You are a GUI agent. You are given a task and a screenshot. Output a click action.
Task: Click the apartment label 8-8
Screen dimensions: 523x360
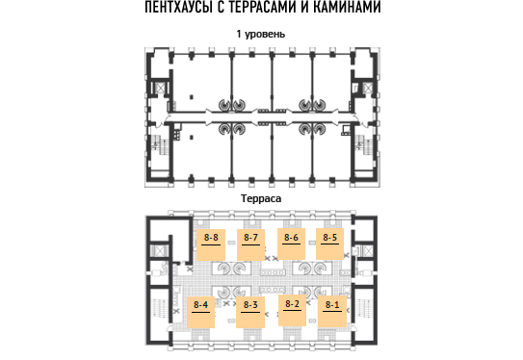211,238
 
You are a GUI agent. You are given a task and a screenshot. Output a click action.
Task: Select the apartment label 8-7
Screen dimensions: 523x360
250,238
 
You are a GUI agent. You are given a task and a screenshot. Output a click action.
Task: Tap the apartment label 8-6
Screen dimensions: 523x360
291,238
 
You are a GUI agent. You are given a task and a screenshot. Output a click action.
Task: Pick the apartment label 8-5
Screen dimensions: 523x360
329,238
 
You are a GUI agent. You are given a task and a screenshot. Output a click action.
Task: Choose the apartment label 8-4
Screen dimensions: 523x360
200,305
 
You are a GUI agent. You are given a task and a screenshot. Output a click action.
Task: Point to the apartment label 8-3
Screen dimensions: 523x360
250,305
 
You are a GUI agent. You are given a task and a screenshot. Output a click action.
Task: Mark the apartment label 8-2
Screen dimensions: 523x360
292,303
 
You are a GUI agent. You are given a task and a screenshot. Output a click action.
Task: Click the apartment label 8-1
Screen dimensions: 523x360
332,305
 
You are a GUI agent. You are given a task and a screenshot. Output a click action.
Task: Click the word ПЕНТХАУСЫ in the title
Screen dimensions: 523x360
179,7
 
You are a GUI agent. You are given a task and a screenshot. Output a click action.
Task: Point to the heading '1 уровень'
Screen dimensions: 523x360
261,34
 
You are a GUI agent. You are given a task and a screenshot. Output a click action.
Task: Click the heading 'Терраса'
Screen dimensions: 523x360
261,198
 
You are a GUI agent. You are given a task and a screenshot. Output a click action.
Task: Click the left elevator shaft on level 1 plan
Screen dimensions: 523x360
160,88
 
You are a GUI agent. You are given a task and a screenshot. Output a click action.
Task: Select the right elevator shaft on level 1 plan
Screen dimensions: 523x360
367,88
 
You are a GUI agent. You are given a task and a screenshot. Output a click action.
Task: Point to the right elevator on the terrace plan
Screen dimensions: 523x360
367,251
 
